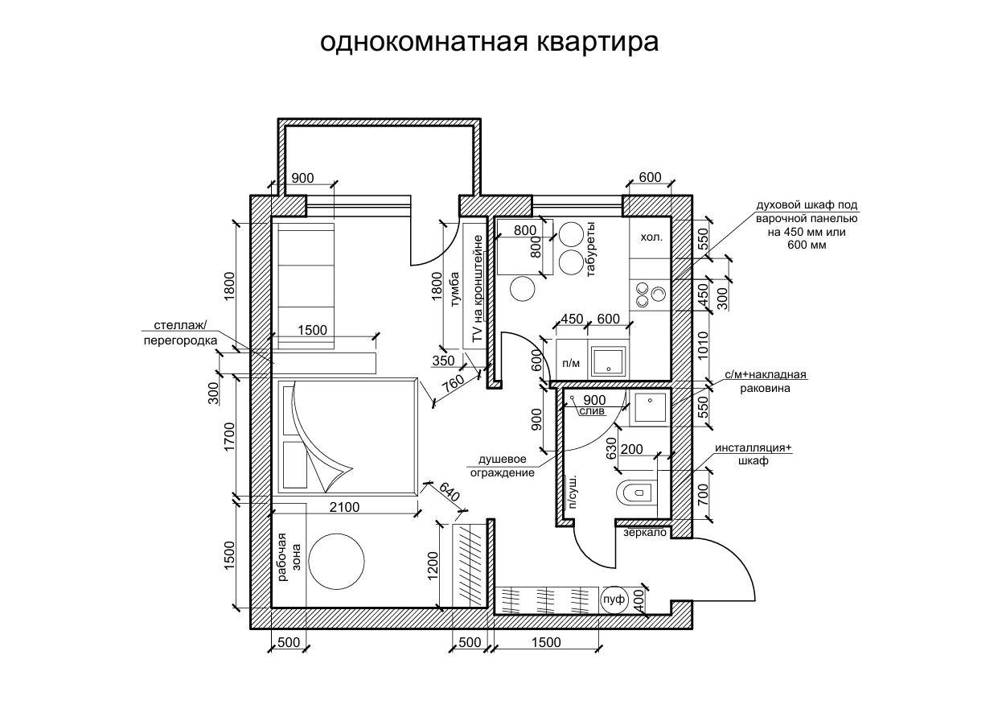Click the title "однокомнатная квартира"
tap(489, 42)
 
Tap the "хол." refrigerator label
tap(651, 238)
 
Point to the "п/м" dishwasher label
tap(571, 364)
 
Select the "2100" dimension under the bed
tap(343, 507)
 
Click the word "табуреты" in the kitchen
tap(591, 249)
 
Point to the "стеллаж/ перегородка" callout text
tap(181, 332)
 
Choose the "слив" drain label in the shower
tap(591, 411)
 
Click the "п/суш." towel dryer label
tap(573, 492)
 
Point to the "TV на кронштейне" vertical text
tap(477, 291)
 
